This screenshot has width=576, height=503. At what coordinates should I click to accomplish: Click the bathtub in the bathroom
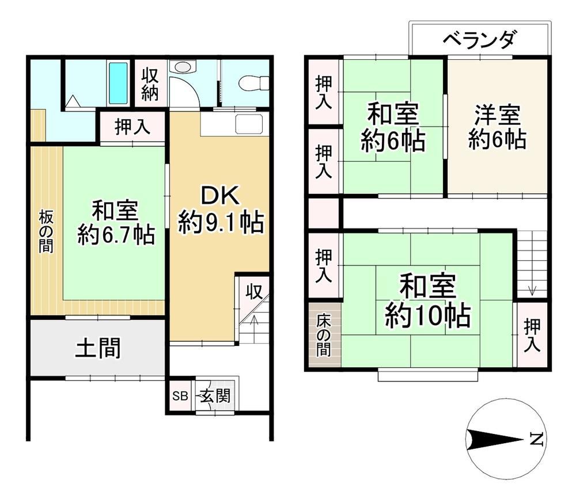tap(118, 83)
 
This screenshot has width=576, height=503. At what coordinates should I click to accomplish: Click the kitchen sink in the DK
tap(249, 124)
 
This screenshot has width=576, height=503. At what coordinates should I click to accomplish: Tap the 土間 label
tap(98, 348)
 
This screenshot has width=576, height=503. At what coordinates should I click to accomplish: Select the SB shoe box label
tap(180, 396)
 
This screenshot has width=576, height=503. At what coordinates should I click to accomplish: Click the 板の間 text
tap(46, 232)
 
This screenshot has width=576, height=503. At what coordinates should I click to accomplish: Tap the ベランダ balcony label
tap(480, 39)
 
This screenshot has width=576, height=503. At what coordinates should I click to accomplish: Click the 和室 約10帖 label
tap(427, 300)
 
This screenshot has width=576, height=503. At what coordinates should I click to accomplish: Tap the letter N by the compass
tap(536, 439)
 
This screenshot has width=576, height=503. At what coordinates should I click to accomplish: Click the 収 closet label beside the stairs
tap(254, 292)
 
